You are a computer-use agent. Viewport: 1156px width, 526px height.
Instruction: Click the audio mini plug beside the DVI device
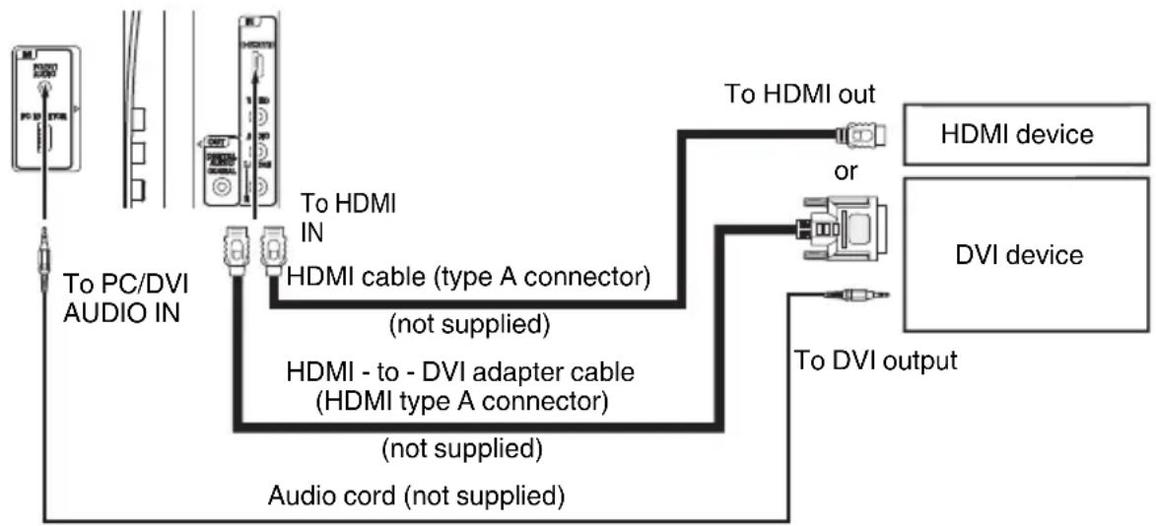(x=861, y=292)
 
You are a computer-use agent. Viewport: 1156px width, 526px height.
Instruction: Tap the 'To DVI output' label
(x=875, y=361)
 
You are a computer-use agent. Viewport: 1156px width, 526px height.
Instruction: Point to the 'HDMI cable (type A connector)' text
(x=467, y=279)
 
